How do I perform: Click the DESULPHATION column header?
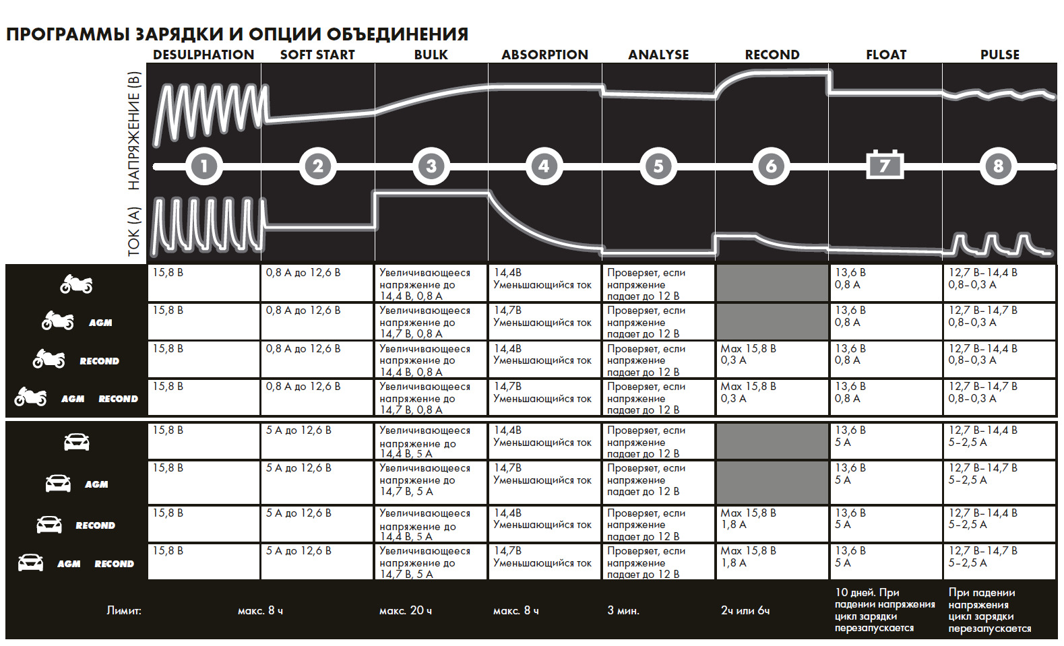204,55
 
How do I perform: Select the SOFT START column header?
317,55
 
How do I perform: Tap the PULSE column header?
999,55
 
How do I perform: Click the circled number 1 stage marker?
204,166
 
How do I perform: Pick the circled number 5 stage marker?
658,166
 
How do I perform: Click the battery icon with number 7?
885,165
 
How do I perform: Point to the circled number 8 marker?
998,166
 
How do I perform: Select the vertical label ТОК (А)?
134,231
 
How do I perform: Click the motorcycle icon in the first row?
76,284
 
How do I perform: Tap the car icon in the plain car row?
76,443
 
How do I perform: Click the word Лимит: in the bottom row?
124,611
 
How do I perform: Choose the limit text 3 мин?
623,611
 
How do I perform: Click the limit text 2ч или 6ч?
745,611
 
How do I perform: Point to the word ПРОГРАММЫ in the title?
67,34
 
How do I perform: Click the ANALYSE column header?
658,55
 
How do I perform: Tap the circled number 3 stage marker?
431,166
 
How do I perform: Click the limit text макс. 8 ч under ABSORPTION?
516,611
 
